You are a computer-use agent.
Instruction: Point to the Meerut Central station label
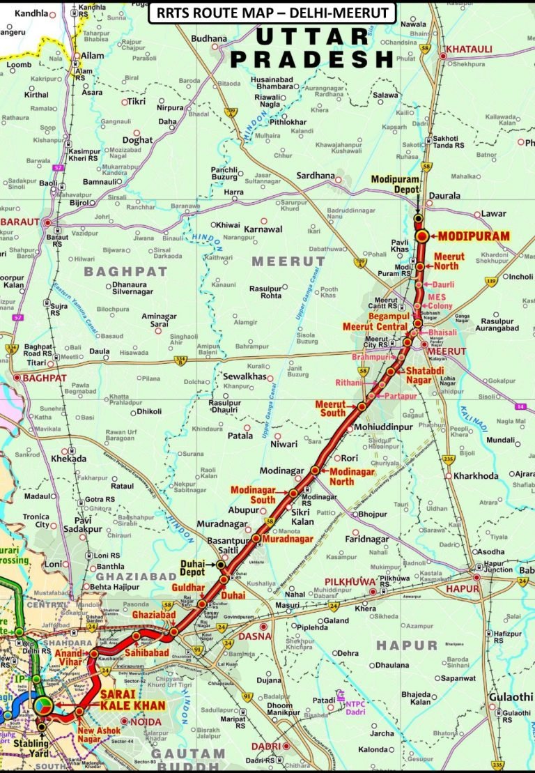point(375,326)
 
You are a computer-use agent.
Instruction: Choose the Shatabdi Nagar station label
point(424,374)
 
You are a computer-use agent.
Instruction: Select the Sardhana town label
point(316,176)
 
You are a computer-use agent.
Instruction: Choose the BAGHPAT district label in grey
point(125,270)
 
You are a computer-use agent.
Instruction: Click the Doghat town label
point(137,140)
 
